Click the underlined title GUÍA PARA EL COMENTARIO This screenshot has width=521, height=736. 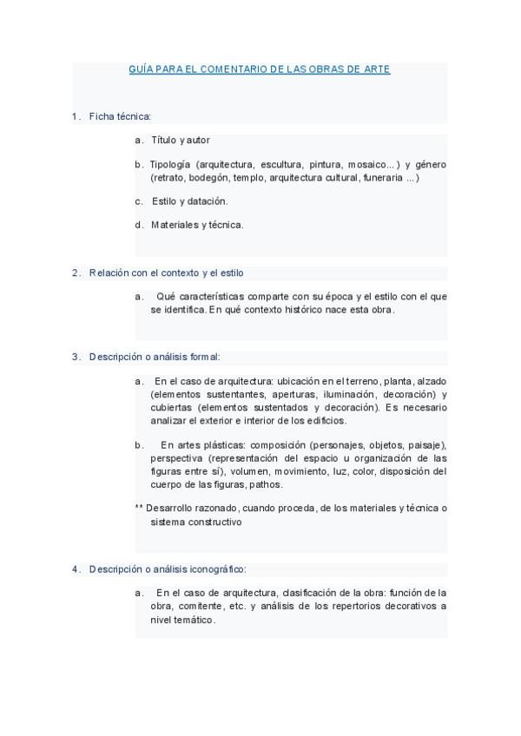pyautogui.click(x=259, y=69)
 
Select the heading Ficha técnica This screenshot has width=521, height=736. pyautogui.click(x=120, y=115)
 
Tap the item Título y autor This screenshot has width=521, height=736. pyautogui.click(x=181, y=140)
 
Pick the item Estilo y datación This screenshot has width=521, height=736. pyautogui.click(x=189, y=201)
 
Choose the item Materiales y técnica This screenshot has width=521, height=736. pyautogui.click(x=197, y=225)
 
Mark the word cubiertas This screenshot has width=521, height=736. pyautogui.click(x=170, y=407)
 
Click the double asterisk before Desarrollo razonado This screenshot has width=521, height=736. pyautogui.click(x=139, y=508)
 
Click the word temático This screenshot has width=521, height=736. pyautogui.click(x=194, y=620)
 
